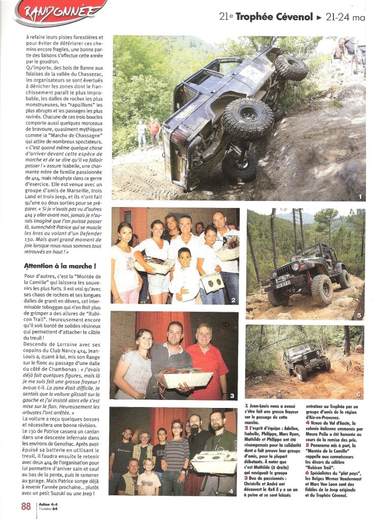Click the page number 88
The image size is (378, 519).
[26, 506]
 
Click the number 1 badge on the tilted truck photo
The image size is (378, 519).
[359, 196]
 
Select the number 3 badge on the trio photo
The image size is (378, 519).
[232, 396]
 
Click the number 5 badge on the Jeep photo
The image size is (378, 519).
[359, 315]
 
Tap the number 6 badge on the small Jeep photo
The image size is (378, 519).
[358, 394]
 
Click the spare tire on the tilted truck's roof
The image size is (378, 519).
[291, 67]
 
